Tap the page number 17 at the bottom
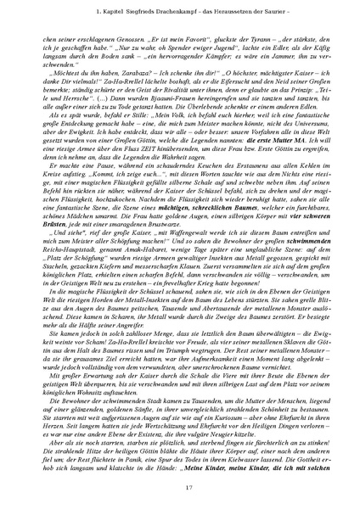click(x=180, y=484)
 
